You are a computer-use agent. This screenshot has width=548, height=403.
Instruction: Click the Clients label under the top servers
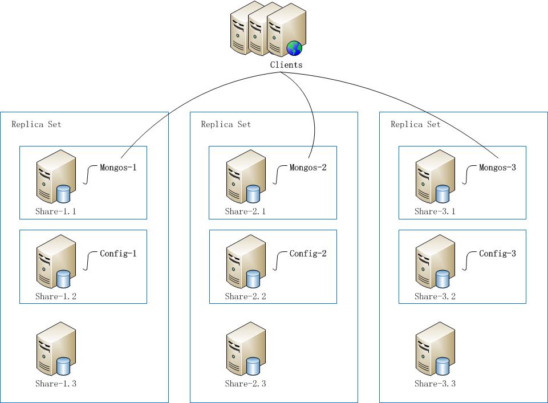click(286, 65)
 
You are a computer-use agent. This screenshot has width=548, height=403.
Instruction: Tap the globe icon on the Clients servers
click(294, 48)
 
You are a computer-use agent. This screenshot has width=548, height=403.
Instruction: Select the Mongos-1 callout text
click(119, 168)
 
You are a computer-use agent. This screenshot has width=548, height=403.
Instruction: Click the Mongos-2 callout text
click(308, 168)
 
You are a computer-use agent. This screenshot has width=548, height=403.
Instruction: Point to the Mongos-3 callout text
click(497, 168)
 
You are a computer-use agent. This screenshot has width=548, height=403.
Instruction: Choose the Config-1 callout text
click(119, 254)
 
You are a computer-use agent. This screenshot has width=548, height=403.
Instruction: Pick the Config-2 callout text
click(308, 254)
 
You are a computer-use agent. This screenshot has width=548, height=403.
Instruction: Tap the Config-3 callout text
click(497, 254)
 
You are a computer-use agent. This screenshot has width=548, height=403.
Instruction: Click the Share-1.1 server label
click(56, 211)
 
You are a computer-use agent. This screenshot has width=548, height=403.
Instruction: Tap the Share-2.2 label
click(245, 296)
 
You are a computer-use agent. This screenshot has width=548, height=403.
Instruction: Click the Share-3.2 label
click(435, 296)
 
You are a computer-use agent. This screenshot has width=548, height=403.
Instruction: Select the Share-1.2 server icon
click(56, 263)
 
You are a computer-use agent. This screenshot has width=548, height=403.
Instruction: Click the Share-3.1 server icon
click(435, 177)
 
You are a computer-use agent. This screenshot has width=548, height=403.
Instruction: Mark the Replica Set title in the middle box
click(226, 124)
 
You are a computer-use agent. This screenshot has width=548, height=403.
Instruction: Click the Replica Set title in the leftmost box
click(36, 124)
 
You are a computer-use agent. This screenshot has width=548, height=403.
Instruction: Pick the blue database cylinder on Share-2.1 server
click(253, 194)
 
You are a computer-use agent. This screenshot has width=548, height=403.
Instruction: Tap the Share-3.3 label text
click(435, 384)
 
